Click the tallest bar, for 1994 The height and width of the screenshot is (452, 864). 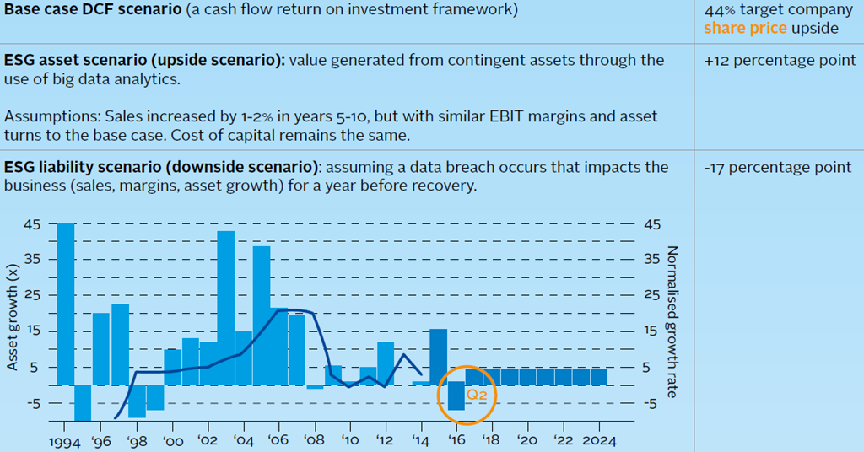[x=65, y=304]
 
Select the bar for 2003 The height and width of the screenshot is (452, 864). [x=226, y=308]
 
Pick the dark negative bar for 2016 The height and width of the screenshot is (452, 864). [x=456, y=396]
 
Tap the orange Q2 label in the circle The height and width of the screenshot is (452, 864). [x=478, y=395]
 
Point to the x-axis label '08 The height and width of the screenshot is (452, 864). [x=315, y=441]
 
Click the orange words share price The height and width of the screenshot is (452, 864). [x=745, y=29]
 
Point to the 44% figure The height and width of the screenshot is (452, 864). [x=718, y=10]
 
